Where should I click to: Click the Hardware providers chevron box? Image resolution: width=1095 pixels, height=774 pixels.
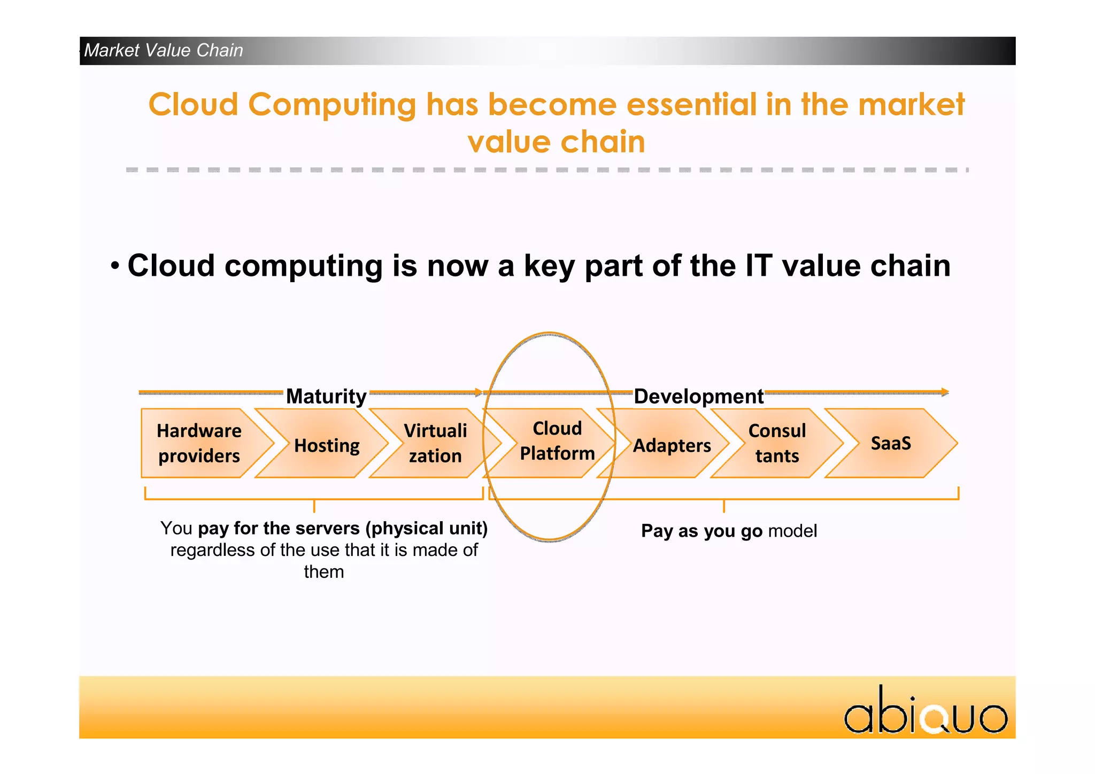point(199,443)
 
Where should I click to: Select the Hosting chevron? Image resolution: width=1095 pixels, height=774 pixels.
point(327,445)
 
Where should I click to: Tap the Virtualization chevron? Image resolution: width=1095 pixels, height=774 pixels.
point(435,443)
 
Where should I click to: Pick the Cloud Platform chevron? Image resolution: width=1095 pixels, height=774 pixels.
point(557,441)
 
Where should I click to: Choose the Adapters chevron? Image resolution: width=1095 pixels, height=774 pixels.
point(672,445)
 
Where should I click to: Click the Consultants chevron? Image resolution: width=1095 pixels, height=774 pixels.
point(777,443)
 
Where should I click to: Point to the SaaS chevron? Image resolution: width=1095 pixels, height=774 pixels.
point(891,443)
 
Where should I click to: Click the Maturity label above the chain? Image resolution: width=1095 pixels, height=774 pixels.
point(326,396)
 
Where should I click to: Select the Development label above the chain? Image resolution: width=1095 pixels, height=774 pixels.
point(698,396)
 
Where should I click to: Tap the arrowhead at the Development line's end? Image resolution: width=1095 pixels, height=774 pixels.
point(945,392)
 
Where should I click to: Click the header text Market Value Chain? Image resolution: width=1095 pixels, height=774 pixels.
point(164,50)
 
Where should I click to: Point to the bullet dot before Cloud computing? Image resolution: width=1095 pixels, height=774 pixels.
point(115,266)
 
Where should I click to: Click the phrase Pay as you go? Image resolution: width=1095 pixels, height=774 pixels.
point(701,531)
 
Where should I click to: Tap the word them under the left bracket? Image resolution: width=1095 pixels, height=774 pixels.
point(324,571)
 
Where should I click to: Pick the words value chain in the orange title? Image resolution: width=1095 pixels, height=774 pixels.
point(556,142)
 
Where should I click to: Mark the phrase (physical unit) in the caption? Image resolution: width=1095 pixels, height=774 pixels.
point(427,528)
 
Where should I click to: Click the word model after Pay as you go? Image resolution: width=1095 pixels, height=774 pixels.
point(792,531)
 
